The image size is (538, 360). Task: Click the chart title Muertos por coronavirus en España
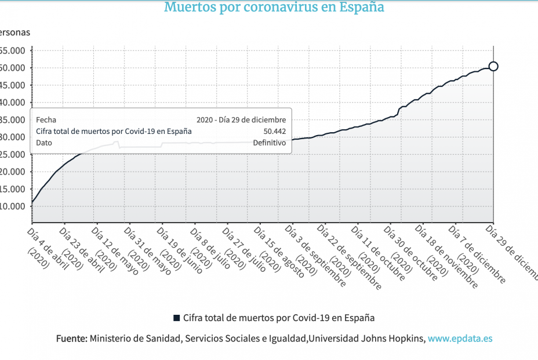(274, 8)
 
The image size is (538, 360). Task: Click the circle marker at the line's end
(493, 66)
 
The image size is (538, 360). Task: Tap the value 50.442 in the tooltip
(274, 131)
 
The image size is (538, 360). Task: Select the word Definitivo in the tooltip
(269, 143)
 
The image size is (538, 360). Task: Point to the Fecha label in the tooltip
(46, 119)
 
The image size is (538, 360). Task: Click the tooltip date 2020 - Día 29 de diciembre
(241, 119)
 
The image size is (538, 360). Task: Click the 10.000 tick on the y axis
(13, 206)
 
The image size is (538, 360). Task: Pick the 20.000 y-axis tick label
(13, 172)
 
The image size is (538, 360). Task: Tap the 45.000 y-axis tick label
(13, 85)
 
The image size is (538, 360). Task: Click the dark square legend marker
(177, 318)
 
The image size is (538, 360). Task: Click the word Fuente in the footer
(71, 339)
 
